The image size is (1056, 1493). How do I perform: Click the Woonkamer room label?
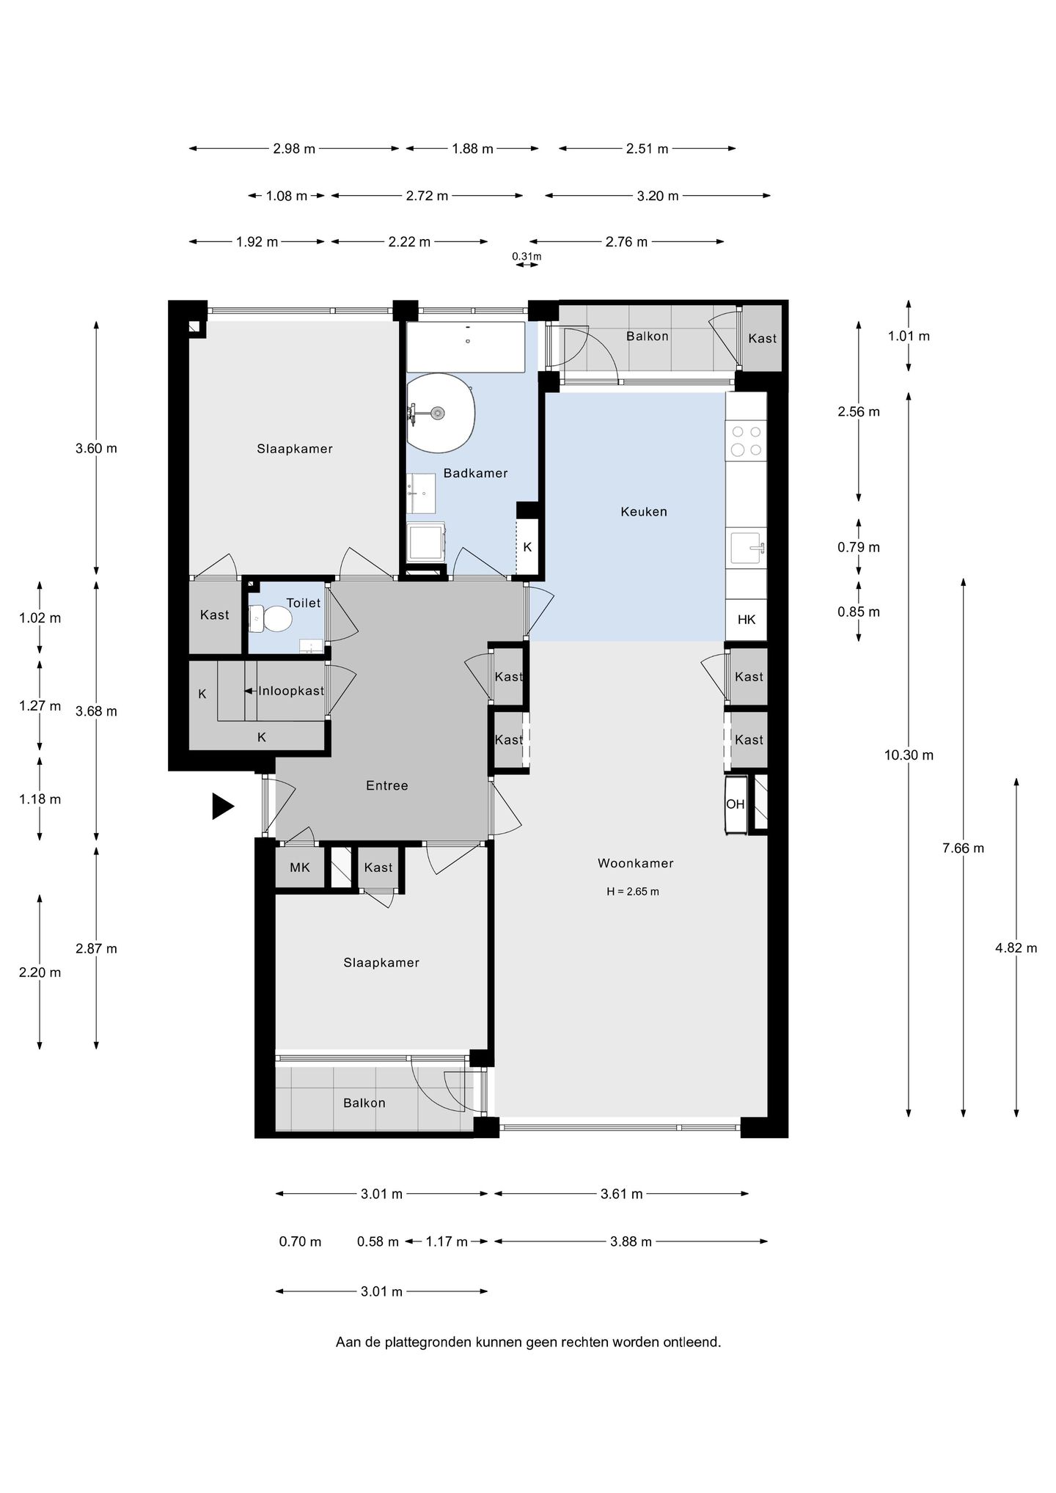point(635,863)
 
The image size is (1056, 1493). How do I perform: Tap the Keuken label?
point(644,511)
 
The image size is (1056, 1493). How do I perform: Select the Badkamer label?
point(475,473)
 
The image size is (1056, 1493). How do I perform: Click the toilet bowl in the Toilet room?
point(271,618)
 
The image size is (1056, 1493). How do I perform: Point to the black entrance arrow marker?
point(223,806)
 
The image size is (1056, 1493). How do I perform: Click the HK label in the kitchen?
point(747,620)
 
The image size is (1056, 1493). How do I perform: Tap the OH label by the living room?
point(736,804)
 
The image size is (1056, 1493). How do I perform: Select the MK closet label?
point(300,867)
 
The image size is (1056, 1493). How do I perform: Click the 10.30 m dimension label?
point(909,755)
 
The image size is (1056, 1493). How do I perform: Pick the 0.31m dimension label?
point(527,256)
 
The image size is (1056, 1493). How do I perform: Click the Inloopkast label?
point(291,691)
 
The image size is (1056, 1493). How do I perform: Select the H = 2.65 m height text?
point(633,892)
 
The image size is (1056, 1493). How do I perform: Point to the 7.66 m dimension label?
point(964,848)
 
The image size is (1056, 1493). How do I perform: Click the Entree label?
point(387,785)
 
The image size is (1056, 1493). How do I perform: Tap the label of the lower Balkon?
point(364,1103)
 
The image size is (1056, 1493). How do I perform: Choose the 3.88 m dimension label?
point(631,1241)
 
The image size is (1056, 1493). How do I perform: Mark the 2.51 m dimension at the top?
point(648,149)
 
